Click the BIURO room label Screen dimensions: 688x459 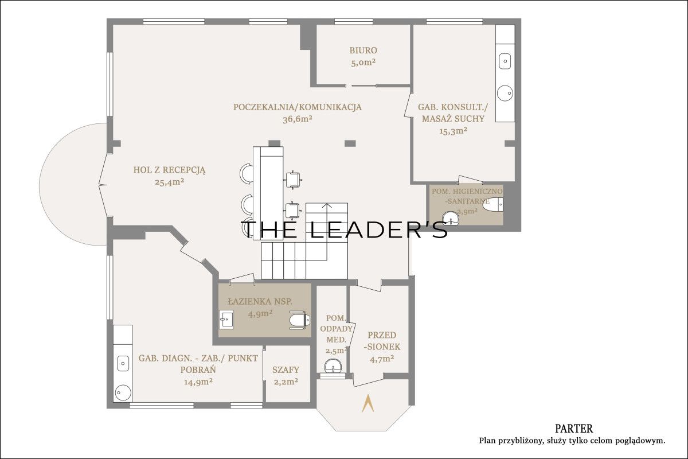click(363, 50)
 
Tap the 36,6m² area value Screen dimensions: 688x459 click(298, 119)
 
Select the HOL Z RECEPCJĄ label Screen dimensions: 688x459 click(169, 170)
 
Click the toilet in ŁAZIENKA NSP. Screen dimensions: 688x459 click(300, 320)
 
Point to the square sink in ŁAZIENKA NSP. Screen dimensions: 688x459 click(226, 320)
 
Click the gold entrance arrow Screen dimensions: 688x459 click(368, 403)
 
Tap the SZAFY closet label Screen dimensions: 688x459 click(286, 370)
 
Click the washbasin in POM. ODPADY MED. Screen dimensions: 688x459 click(333, 366)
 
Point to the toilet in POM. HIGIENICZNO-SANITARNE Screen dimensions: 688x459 click(492, 204)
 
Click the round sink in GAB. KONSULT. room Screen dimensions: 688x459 click(505, 93)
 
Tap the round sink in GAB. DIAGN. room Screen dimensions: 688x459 click(123, 392)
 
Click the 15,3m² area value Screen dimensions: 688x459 click(454, 131)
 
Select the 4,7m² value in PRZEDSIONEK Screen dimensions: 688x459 click(382, 359)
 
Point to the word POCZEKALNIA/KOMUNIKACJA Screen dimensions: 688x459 click(298, 107)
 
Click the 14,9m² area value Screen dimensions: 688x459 click(198, 382)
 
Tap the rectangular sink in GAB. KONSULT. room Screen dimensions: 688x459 click(505, 61)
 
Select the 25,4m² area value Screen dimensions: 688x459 click(170, 182)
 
